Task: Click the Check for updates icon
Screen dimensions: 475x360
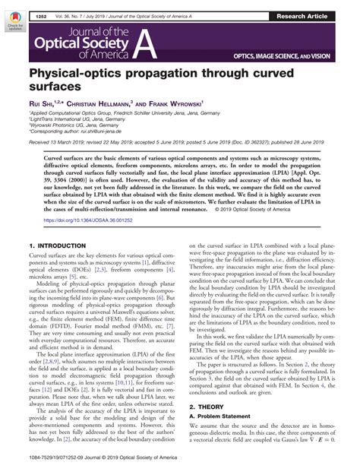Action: (13, 31)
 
